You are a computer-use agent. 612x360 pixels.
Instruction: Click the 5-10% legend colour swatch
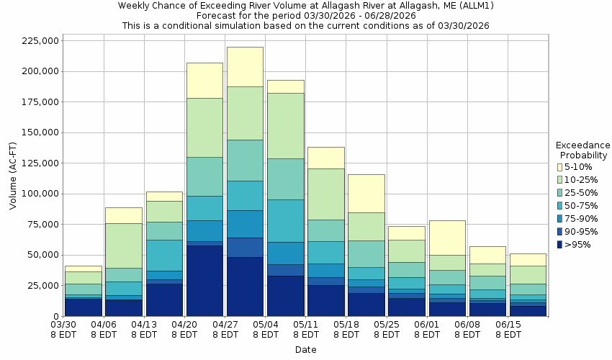(559, 167)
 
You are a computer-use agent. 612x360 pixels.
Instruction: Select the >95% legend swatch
(559, 245)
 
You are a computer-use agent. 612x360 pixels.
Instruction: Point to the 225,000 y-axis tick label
(39, 41)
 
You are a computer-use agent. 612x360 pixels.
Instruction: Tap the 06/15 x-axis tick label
(508, 330)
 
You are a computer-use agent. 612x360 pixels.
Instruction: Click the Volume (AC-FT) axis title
(12, 175)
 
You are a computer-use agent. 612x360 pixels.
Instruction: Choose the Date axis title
(305, 350)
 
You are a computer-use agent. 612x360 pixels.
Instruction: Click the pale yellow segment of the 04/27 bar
(245, 66)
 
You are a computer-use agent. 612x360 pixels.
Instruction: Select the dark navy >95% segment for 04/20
(204, 281)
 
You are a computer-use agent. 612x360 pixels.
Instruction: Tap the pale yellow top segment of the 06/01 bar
(447, 238)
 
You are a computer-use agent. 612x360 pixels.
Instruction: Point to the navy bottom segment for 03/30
(83, 307)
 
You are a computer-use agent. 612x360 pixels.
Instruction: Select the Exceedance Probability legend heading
(582, 150)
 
